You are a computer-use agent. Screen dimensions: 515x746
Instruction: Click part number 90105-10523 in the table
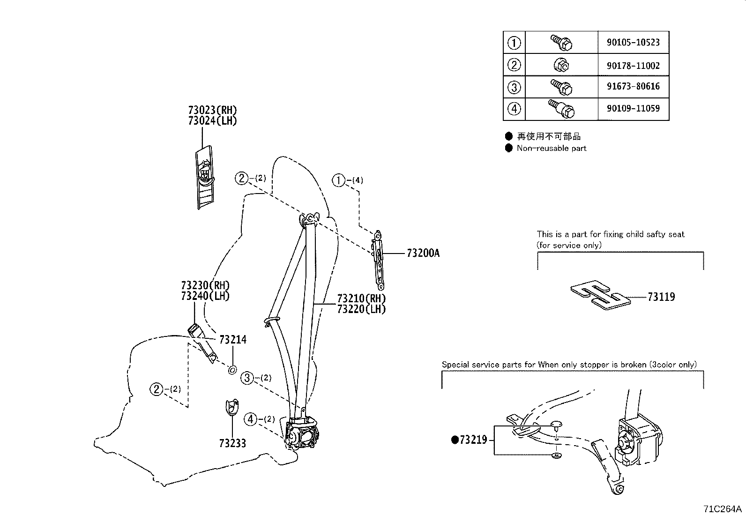[x=633, y=43]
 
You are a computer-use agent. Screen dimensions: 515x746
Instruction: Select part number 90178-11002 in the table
[x=633, y=66]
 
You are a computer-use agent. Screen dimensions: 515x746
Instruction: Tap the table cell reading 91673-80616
[x=633, y=87]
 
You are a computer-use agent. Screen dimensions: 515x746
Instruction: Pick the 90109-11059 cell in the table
[x=633, y=109]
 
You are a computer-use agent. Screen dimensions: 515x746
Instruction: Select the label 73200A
[x=423, y=254]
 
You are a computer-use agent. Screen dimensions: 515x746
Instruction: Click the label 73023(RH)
[x=212, y=110]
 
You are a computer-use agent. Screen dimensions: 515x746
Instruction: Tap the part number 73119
[x=661, y=297]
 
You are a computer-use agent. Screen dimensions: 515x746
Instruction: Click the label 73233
[x=232, y=443]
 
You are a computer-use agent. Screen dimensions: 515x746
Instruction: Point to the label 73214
[x=233, y=339]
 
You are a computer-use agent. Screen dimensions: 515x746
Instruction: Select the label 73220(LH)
[x=361, y=309]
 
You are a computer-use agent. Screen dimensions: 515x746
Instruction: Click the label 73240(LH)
[x=205, y=296]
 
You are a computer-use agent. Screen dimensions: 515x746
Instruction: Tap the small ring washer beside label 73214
[x=232, y=370]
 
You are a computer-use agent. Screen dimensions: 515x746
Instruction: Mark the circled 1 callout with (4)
[x=338, y=180]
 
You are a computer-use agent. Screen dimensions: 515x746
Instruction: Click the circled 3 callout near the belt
[x=247, y=378]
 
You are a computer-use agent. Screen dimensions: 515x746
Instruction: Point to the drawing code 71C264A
[x=722, y=508]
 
